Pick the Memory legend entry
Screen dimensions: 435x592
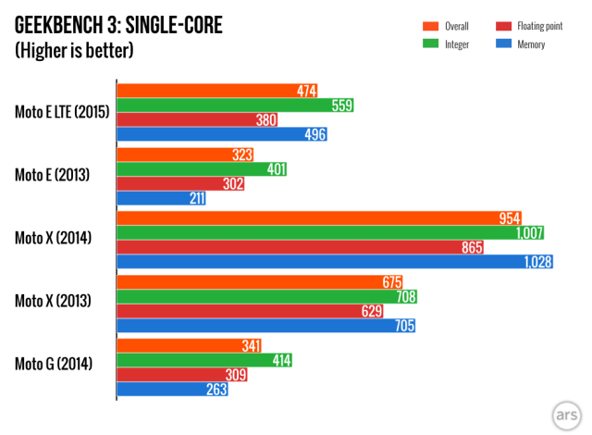point(526,44)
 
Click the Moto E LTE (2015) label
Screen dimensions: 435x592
point(63,113)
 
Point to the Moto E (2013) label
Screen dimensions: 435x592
point(52,173)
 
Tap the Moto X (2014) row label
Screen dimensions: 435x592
point(53,238)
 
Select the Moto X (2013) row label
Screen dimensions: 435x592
point(53,301)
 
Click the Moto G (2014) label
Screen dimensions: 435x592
point(53,365)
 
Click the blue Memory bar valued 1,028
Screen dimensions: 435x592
point(333,262)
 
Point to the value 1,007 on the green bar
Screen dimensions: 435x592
point(530,233)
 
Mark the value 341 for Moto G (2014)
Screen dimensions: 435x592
point(248,345)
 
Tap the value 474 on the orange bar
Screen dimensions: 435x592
point(307,91)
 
